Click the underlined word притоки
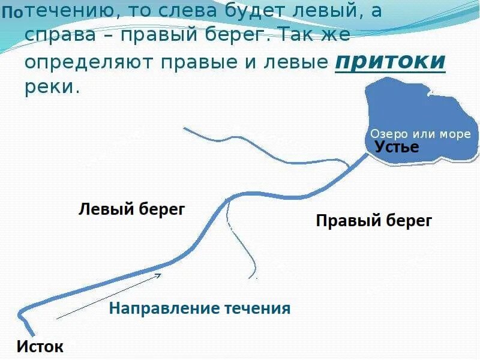point(390,62)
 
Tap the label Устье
point(397,147)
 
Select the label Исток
point(40,346)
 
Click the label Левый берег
point(132,209)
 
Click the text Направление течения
point(199,309)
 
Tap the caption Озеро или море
point(420,134)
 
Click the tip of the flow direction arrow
point(161,274)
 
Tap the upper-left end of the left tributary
point(185,128)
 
